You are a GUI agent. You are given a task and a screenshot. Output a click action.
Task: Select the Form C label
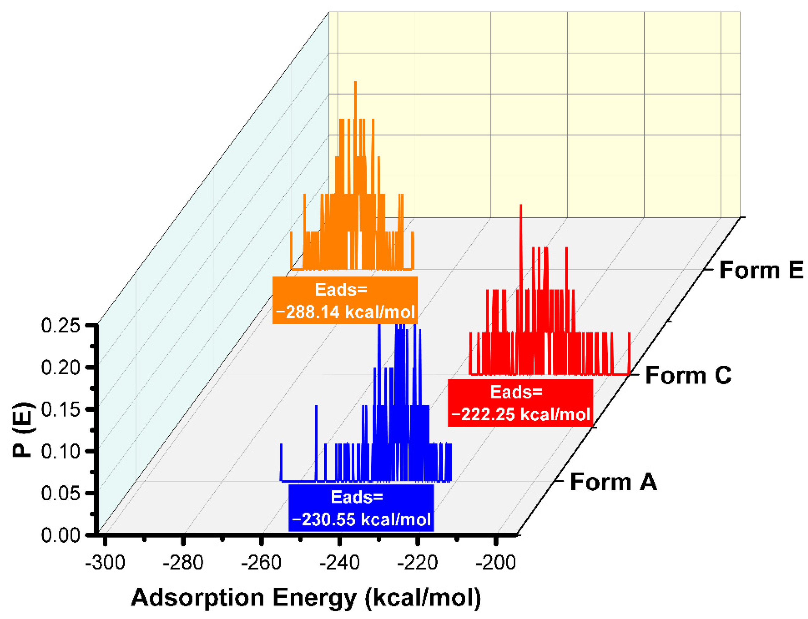[x=688, y=376]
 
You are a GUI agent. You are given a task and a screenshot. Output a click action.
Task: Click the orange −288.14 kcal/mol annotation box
[x=345, y=300]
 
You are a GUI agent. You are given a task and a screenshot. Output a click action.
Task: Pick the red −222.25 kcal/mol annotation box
[x=520, y=402]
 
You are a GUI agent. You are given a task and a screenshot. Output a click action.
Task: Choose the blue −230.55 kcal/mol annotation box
[x=361, y=508]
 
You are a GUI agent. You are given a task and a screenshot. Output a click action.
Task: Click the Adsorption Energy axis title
[x=306, y=597]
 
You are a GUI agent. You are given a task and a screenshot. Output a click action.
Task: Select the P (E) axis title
[x=22, y=429]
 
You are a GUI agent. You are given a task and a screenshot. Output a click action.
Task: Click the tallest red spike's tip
[x=520, y=205]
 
